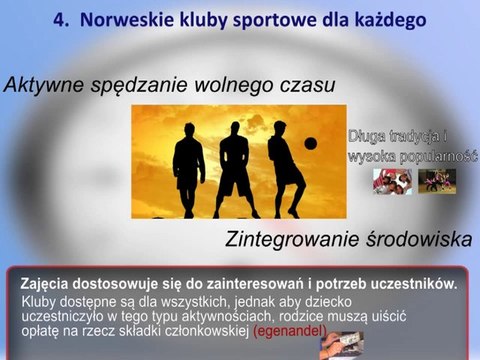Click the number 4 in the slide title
[58, 19]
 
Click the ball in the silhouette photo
[310, 143]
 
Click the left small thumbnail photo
[391, 181]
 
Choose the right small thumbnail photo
[437, 181]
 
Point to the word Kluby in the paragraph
[40, 299]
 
